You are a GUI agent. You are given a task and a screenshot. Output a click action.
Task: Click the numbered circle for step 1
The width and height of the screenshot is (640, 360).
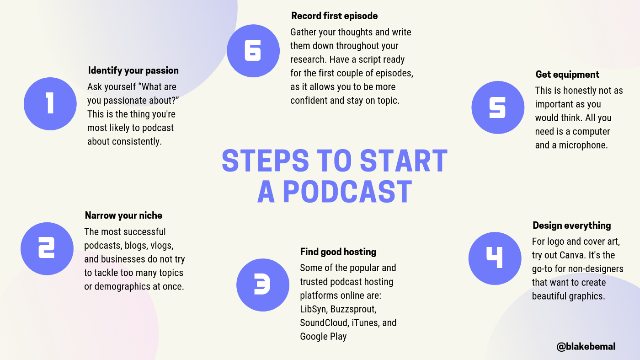coord(50,104)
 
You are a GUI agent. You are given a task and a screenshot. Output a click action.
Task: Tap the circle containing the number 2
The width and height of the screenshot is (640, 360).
coord(47,248)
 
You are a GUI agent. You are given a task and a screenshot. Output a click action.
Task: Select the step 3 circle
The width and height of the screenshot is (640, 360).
coord(263,285)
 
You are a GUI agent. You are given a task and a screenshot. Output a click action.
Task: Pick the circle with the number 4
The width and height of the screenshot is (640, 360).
coord(495,258)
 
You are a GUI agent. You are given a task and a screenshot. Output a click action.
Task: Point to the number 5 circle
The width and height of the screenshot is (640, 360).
coord(498,107)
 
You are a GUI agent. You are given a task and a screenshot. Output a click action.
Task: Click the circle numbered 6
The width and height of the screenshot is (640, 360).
coord(253,51)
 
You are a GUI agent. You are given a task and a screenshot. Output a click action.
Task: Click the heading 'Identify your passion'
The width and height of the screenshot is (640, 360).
coord(133,70)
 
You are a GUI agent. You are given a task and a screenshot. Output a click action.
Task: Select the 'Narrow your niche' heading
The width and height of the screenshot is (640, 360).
coord(123,215)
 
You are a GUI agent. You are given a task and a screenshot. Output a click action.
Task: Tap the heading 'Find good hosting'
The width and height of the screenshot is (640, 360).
coord(338,252)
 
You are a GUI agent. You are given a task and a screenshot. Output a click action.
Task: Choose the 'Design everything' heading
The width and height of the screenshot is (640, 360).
coord(571,226)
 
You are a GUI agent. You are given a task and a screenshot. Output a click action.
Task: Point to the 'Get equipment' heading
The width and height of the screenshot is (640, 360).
coord(567,75)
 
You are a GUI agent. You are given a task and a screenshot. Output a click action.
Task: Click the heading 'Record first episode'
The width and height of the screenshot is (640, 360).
coord(334,16)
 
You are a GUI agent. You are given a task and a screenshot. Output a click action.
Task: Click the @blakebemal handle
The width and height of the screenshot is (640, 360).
coord(586,346)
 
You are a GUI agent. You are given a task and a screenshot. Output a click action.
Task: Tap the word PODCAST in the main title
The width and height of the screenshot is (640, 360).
coord(347,191)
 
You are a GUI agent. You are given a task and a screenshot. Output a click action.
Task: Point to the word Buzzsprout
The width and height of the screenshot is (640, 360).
coord(353,309)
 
